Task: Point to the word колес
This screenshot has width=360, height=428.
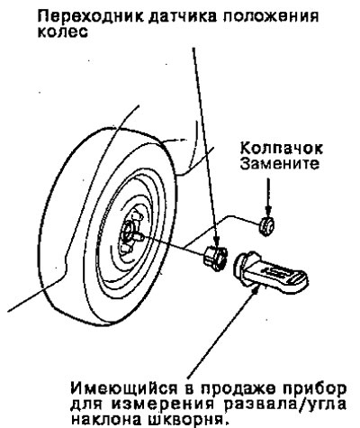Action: coord(63,32)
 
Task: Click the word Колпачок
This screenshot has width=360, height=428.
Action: coord(281,148)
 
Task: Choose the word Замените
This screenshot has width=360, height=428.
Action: coord(279,164)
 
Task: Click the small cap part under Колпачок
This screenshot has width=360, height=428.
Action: coord(266,226)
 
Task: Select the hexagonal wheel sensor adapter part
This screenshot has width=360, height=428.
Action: coord(214,258)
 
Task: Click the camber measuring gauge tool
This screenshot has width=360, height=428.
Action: coord(270,272)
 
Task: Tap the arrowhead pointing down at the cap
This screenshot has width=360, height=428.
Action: coord(268,211)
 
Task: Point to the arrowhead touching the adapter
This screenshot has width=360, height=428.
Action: coord(216,241)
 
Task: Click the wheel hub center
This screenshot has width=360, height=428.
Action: coord(128,232)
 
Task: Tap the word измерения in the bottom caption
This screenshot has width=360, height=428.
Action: coord(164,405)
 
